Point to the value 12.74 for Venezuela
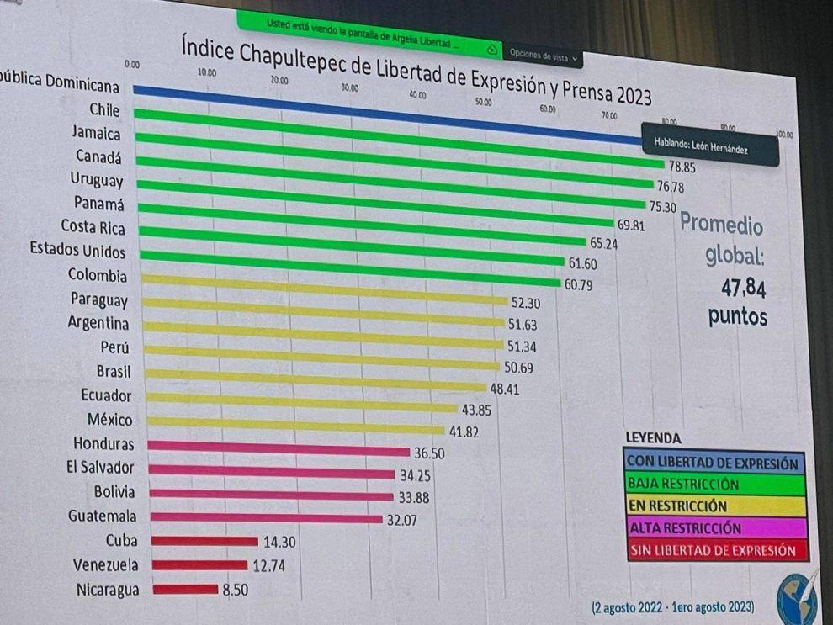point(268,566)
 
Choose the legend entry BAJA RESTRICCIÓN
point(682,485)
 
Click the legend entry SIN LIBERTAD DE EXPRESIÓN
point(713,551)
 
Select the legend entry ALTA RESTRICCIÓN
point(685,528)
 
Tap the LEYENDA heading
point(653,438)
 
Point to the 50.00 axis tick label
point(483,102)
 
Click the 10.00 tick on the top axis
point(206,73)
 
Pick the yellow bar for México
point(294,425)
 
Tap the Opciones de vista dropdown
point(544,56)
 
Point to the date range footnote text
point(672,606)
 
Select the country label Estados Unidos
point(77,251)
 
